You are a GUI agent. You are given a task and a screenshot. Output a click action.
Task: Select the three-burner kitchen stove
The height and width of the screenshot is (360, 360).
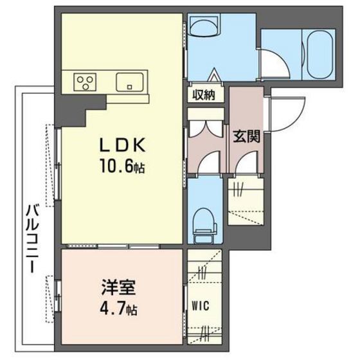tap(84, 82)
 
